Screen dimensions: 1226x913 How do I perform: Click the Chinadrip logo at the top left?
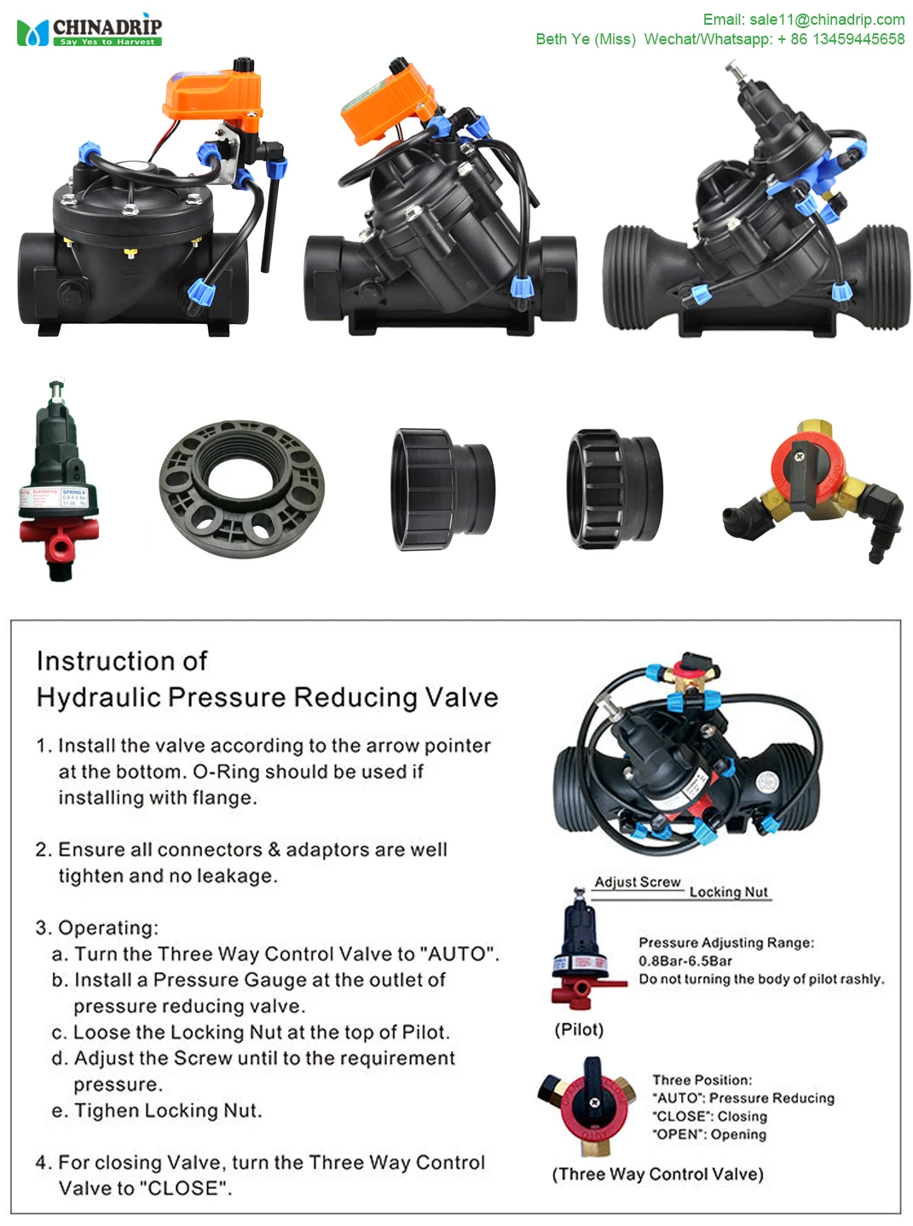click(89, 32)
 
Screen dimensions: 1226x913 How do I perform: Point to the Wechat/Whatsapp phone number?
click(840, 39)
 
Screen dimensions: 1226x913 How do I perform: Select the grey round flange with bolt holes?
click(241, 489)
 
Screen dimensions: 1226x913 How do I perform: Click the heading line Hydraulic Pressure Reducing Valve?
click(267, 697)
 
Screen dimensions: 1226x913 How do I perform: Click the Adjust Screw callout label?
click(637, 882)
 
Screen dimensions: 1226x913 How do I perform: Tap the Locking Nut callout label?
click(728, 893)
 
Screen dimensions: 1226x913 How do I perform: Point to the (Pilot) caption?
click(579, 1030)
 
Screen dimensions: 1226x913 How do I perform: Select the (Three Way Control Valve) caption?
click(657, 1175)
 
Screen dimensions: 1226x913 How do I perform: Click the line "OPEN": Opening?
click(709, 1135)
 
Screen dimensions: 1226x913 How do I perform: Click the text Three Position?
click(702, 1080)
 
